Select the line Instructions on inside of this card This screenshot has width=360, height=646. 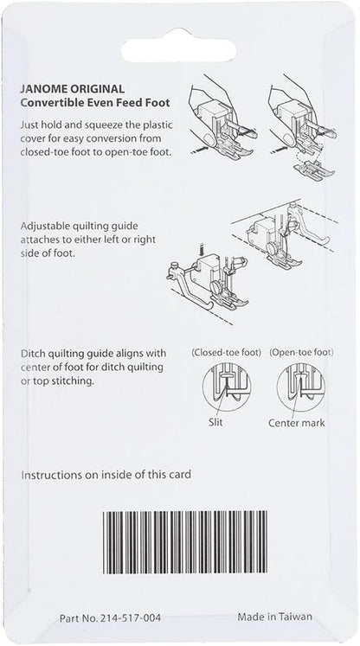point(106,475)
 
